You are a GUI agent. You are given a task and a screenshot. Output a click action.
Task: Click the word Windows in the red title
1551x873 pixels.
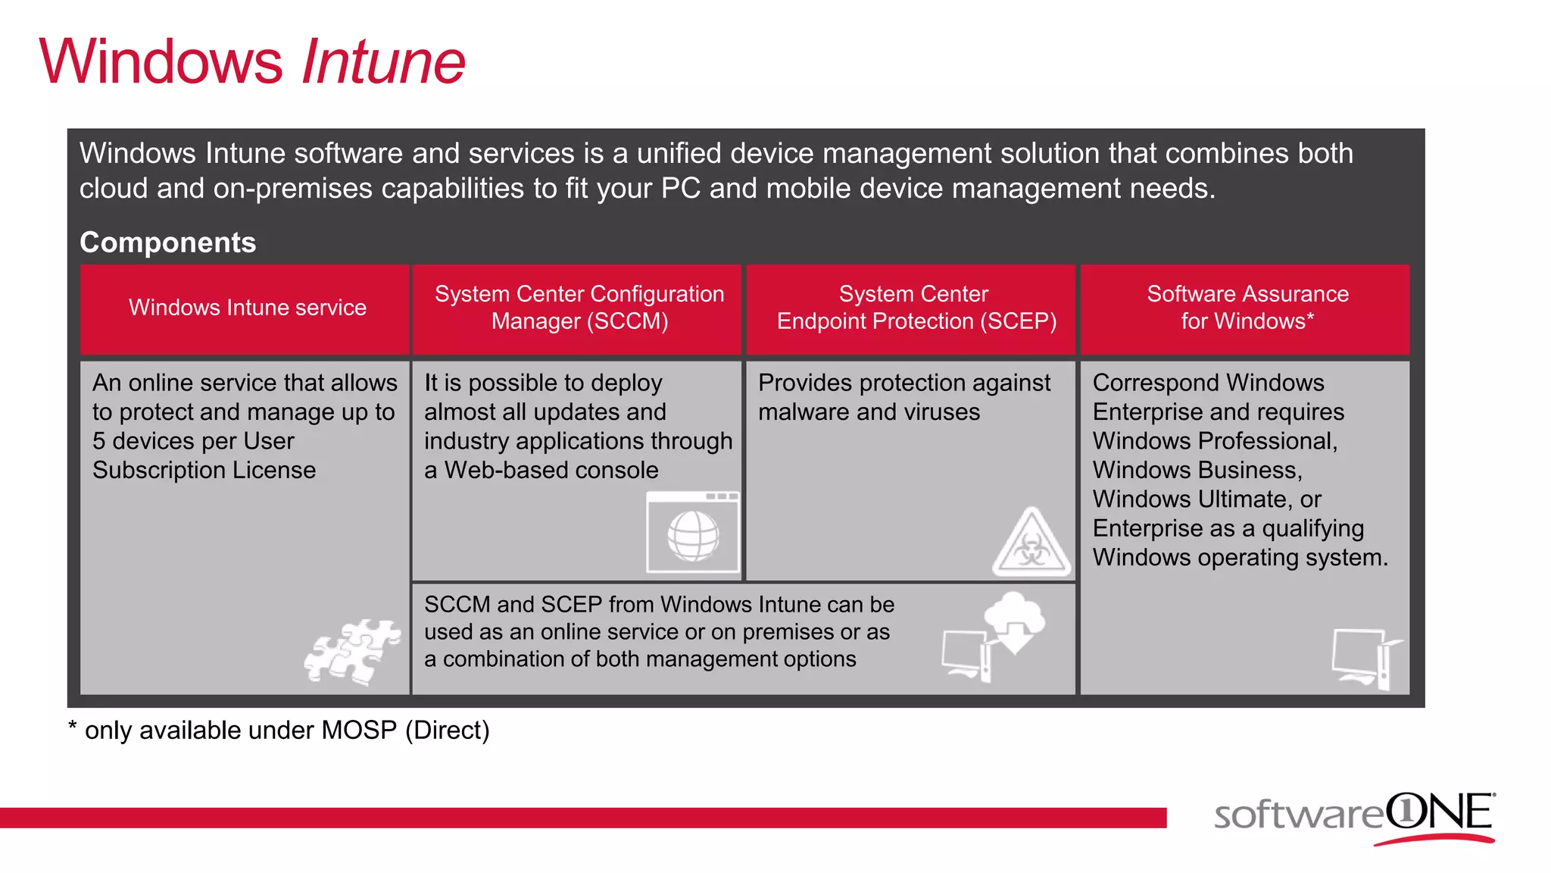click(161, 62)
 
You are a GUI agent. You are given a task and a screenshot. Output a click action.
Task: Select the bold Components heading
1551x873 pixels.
click(167, 242)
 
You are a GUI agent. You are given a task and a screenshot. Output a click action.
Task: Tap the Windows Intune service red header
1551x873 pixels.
click(247, 308)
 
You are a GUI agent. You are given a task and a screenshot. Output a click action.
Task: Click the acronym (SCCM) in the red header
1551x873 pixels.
click(628, 321)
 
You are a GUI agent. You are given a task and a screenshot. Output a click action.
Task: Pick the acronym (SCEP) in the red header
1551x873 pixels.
click(1018, 321)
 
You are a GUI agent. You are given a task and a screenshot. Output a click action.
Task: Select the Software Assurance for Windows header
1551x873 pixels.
click(1247, 308)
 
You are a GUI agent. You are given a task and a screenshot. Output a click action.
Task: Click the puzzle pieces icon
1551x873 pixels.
click(353, 651)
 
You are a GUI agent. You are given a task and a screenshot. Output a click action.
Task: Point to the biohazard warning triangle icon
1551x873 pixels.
click(1031, 544)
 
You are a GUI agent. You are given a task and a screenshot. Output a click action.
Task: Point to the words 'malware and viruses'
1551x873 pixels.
click(869, 412)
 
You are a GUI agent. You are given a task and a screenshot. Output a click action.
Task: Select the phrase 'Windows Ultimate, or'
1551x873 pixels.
click(1206, 499)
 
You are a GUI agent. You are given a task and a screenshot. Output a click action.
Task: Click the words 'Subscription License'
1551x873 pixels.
click(204, 471)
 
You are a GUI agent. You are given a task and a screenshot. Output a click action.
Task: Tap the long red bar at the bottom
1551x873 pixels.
click(583, 818)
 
